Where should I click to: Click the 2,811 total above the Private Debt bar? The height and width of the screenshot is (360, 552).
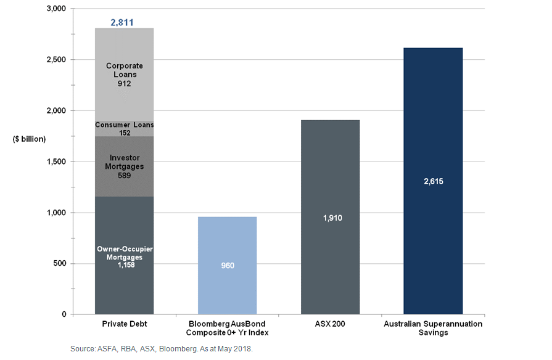coord(122,23)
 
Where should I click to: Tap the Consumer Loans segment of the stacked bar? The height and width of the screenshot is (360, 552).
coord(124,128)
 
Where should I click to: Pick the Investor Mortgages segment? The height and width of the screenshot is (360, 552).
coord(124,166)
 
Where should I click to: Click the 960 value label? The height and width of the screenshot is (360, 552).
coord(227,266)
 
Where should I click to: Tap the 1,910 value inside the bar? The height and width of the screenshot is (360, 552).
coord(330,218)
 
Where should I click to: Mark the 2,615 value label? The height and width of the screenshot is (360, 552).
coord(432,182)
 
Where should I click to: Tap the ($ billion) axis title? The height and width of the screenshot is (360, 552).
coord(29,139)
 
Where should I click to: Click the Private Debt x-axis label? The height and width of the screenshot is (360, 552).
coord(124,324)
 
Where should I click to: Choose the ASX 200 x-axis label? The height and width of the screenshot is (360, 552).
coord(330,324)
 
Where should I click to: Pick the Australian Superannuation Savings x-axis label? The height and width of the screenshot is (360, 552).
coord(432,328)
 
